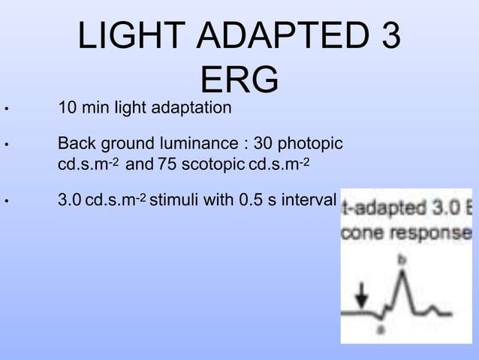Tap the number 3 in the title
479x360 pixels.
click(390, 38)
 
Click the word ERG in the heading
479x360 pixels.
click(239, 80)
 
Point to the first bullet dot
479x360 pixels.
click(6, 110)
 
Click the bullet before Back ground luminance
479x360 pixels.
click(6, 144)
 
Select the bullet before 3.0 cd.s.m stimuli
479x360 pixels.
click(6, 202)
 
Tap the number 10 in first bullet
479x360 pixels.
click(67, 108)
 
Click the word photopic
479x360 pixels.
click(312, 142)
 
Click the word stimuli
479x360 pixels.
click(177, 201)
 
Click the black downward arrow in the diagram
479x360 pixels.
click(361, 294)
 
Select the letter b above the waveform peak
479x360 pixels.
click(402, 259)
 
